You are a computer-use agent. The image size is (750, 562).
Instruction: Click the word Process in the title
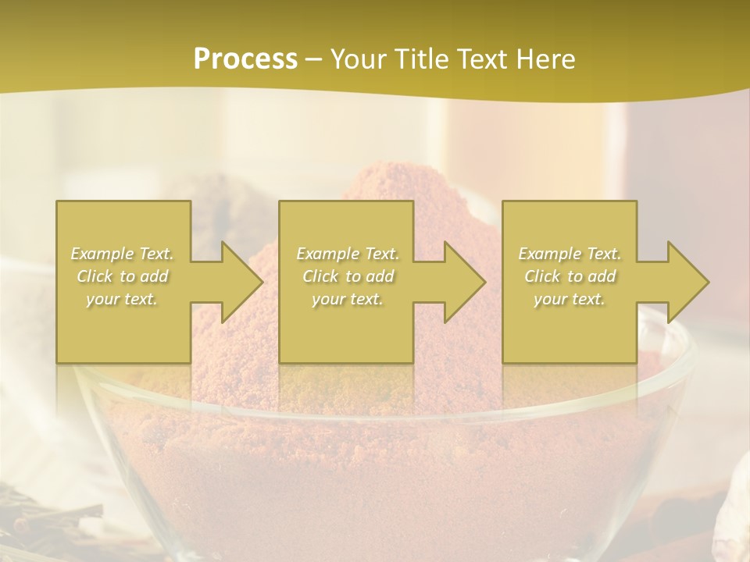pyautogui.click(x=245, y=59)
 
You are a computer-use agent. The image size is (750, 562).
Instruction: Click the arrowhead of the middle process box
pyautogui.click(x=464, y=282)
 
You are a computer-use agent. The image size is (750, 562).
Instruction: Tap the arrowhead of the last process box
pyautogui.click(x=687, y=282)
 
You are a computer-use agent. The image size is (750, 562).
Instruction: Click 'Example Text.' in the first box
pyautogui.click(x=123, y=254)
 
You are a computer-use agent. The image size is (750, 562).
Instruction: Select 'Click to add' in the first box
pyautogui.click(x=123, y=276)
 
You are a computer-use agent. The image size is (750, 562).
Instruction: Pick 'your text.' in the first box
pyautogui.click(x=123, y=299)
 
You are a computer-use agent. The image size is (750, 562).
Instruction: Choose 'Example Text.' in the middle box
pyautogui.click(x=348, y=254)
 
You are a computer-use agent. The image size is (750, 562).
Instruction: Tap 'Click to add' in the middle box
pyautogui.click(x=348, y=276)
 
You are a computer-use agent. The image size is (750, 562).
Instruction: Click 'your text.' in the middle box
pyautogui.click(x=348, y=299)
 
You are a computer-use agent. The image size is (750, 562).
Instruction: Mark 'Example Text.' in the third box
pyautogui.click(x=570, y=254)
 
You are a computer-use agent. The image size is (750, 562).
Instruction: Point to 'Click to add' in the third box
pyautogui.click(x=570, y=276)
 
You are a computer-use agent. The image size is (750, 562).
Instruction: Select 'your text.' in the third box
pyautogui.click(x=570, y=299)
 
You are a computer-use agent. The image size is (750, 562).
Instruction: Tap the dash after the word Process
pyautogui.click(x=313, y=60)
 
